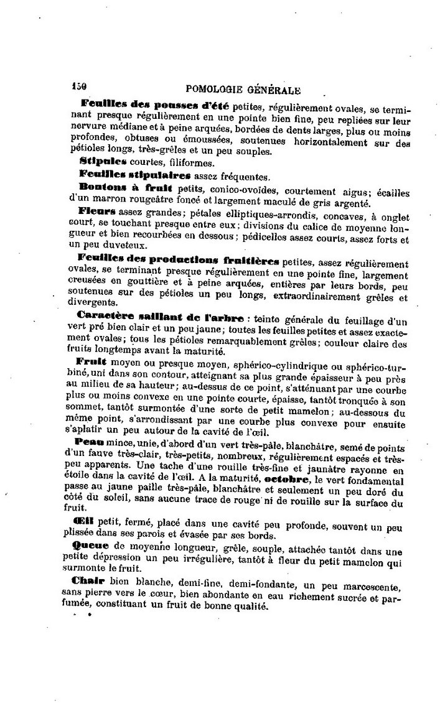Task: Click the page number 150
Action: [78, 88]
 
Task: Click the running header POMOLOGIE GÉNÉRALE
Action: [240, 90]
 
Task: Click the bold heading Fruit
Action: [93, 361]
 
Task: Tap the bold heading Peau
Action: [92, 440]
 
